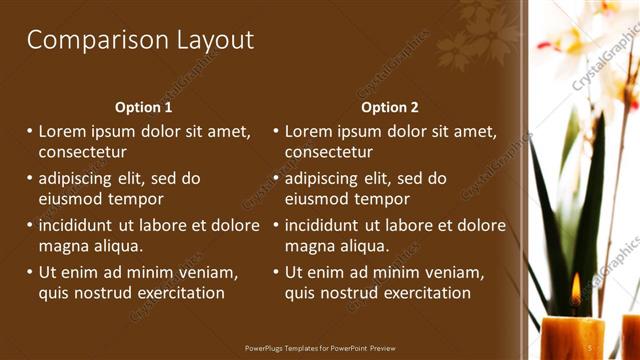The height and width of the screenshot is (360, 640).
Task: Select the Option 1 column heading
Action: [x=144, y=107]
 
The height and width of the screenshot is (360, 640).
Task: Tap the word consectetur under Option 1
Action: [x=82, y=152]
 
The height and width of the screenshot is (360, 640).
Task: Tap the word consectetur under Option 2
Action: [x=328, y=152]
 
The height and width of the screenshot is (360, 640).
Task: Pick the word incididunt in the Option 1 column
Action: [x=81, y=226]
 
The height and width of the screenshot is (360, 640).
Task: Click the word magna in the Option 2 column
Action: [x=310, y=245]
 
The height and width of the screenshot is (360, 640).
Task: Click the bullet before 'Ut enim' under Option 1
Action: [x=30, y=273]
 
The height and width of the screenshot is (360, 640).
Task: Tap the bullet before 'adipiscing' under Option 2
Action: [x=276, y=179]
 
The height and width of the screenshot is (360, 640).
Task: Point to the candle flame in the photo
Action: [x=575, y=290]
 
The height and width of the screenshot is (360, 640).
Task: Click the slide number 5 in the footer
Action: [x=589, y=347]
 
